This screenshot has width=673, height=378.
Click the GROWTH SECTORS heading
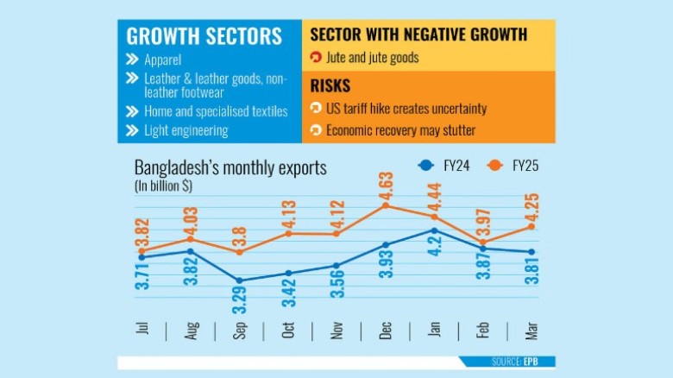204,36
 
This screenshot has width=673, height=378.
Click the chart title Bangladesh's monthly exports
230,167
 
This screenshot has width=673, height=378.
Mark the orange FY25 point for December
386,205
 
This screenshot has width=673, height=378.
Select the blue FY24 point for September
239,280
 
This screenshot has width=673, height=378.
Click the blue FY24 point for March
531,252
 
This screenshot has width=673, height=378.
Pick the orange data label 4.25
531,207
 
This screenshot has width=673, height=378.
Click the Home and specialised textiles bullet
207,112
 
